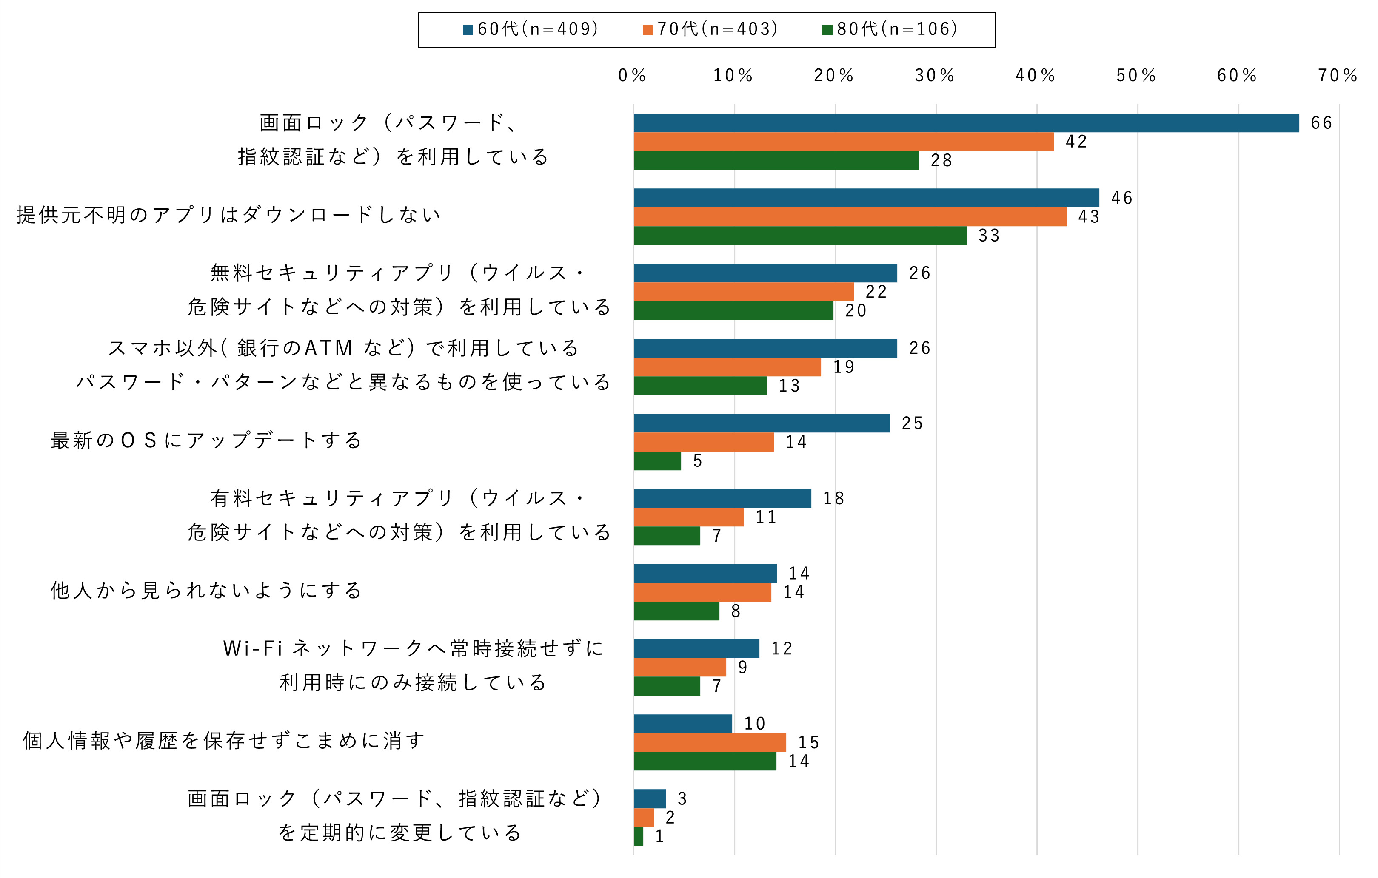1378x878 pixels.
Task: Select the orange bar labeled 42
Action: tap(844, 142)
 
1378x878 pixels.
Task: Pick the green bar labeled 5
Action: tap(658, 461)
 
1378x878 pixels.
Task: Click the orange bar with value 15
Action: tap(710, 742)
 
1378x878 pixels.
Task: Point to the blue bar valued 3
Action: tap(650, 798)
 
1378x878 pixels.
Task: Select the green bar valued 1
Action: tap(639, 836)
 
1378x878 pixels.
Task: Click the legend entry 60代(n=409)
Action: tap(531, 29)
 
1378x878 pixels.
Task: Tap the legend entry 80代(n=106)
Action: tap(890, 29)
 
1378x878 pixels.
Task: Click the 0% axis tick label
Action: tap(632, 76)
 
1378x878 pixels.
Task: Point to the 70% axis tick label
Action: tap(1338, 76)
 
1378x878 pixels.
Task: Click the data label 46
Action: tap(1121, 198)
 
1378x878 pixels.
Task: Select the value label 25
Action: tap(912, 423)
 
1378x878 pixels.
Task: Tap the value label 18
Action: tap(833, 499)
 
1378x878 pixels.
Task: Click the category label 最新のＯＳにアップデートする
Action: tap(206, 440)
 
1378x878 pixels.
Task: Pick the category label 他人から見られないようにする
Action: tap(206, 590)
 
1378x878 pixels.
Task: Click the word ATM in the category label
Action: tap(328, 348)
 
